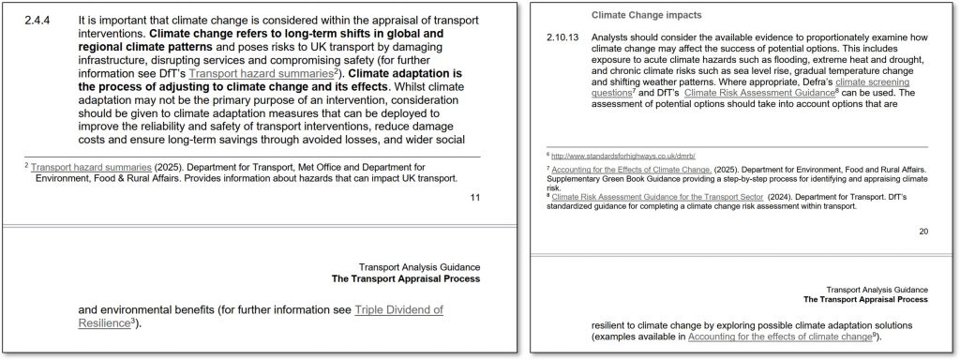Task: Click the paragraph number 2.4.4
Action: pyautogui.click(x=37, y=19)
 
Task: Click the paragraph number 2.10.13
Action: pyautogui.click(x=563, y=37)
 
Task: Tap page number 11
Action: pyautogui.click(x=474, y=197)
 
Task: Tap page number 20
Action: pyautogui.click(x=923, y=231)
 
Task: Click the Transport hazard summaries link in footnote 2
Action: pyautogui.click(x=90, y=166)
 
